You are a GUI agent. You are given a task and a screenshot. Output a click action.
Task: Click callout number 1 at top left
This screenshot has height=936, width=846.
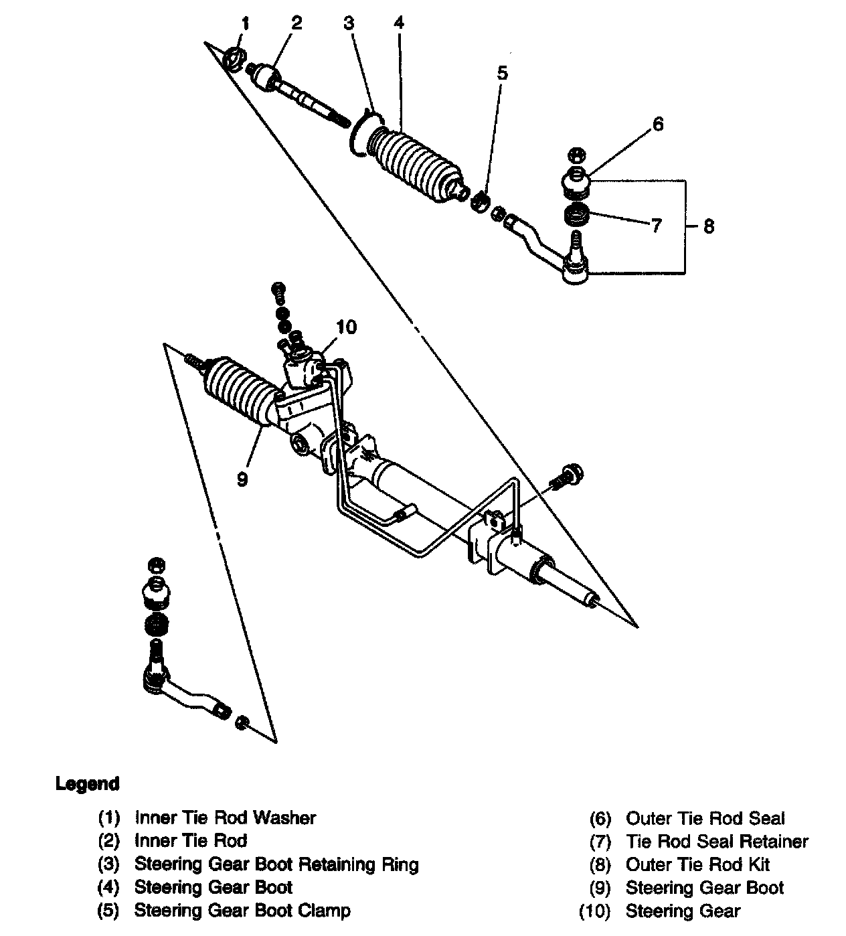point(245,25)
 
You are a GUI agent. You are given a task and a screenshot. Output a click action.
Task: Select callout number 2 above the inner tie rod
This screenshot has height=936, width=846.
point(296,23)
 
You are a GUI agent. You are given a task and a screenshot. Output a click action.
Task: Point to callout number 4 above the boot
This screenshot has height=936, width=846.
point(399,23)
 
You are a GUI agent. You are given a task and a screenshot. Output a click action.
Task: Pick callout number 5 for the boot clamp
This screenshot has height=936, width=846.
point(502,72)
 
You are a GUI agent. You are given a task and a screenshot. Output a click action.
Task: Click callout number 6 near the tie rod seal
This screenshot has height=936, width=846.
point(658,124)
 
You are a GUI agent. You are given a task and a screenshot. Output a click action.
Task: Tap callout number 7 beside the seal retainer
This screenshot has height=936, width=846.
point(656,225)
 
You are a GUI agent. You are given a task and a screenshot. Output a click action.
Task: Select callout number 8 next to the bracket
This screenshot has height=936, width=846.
point(709,226)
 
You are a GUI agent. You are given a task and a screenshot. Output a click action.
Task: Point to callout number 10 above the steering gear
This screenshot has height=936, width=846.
point(346,327)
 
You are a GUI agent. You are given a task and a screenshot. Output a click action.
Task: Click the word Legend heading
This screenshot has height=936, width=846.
point(87,783)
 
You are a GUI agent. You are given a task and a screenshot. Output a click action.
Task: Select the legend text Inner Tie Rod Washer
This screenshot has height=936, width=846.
point(225,817)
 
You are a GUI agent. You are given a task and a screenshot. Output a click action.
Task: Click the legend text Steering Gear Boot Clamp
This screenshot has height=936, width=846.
point(242,910)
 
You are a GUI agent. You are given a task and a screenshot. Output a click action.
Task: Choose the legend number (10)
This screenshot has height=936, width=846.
point(594,911)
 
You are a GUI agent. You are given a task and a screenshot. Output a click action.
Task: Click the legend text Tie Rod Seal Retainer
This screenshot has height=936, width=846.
point(717,841)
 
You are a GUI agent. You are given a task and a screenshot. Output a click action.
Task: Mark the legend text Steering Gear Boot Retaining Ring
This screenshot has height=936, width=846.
point(276,864)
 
